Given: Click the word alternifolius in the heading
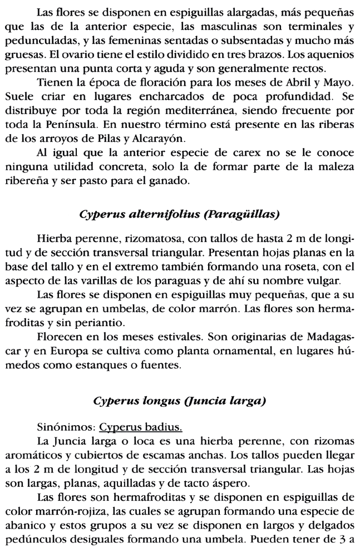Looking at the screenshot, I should point(149,214).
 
